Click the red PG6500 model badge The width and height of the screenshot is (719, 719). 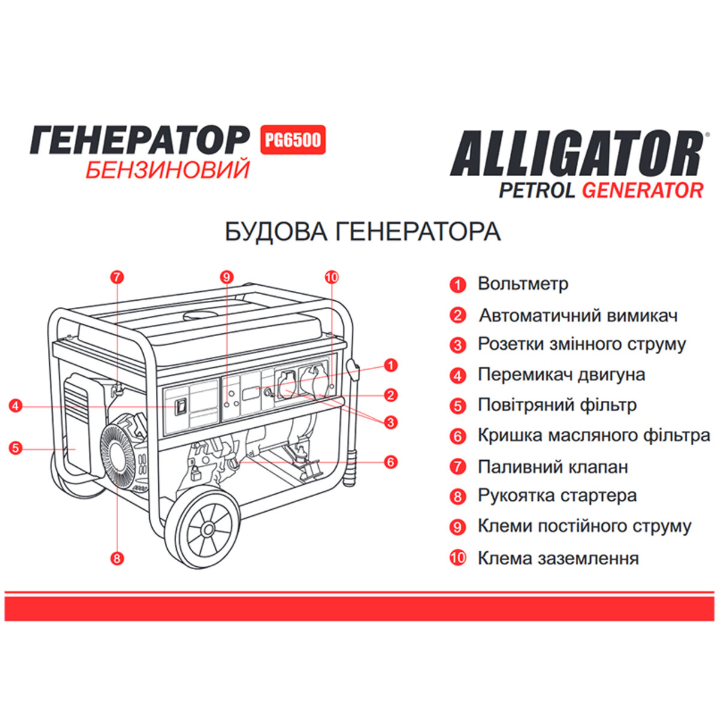click(x=293, y=140)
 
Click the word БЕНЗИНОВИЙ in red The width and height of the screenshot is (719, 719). click(x=167, y=170)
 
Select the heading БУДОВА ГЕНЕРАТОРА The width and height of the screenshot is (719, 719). click(x=362, y=232)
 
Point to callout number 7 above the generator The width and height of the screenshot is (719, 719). click(x=117, y=277)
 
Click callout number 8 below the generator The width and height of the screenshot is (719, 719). click(x=117, y=558)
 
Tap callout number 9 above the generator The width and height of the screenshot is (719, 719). click(x=226, y=277)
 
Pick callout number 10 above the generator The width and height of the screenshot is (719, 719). click(x=331, y=277)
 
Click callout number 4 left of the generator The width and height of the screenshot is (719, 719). click(x=16, y=406)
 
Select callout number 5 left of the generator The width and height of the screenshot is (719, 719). click(x=16, y=448)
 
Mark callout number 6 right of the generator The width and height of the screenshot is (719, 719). click(x=391, y=462)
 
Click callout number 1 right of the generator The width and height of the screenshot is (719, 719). click(x=391, y=364)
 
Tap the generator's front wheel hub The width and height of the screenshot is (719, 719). click(x=208, y=529)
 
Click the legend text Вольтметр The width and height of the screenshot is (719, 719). click(x=522, y=283)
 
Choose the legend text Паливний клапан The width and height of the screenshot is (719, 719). click(x=552, y=466)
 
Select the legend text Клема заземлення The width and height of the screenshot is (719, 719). click(x=558, y=558)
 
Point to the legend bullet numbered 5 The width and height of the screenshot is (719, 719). click(x=458, y=406)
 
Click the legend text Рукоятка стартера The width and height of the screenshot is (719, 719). click(x=557, y=496)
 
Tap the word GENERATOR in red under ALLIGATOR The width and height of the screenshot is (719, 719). click(x=642, y=190)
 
